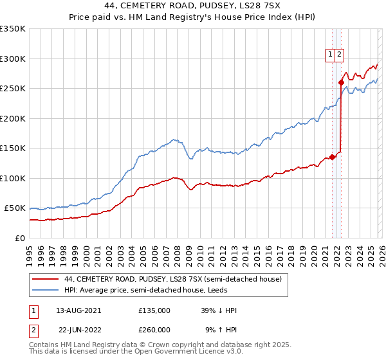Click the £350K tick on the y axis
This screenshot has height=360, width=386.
pos(13,29)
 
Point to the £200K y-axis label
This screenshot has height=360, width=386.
pos(13,118)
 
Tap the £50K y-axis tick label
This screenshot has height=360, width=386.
pos(15,208)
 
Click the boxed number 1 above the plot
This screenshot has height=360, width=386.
pos(331,55)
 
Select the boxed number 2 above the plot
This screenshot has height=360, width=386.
pos(339,55)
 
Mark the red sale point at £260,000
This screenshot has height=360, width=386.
pos(341,82)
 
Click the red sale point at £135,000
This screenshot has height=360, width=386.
pos(332,157)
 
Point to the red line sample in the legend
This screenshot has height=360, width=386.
pos(46,280)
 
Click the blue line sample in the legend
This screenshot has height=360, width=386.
pos(46,291)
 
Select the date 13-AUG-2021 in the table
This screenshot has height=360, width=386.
pos(78,310)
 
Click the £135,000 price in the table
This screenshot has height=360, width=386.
pos(154,310)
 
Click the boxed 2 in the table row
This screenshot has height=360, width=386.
pos(32,330)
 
